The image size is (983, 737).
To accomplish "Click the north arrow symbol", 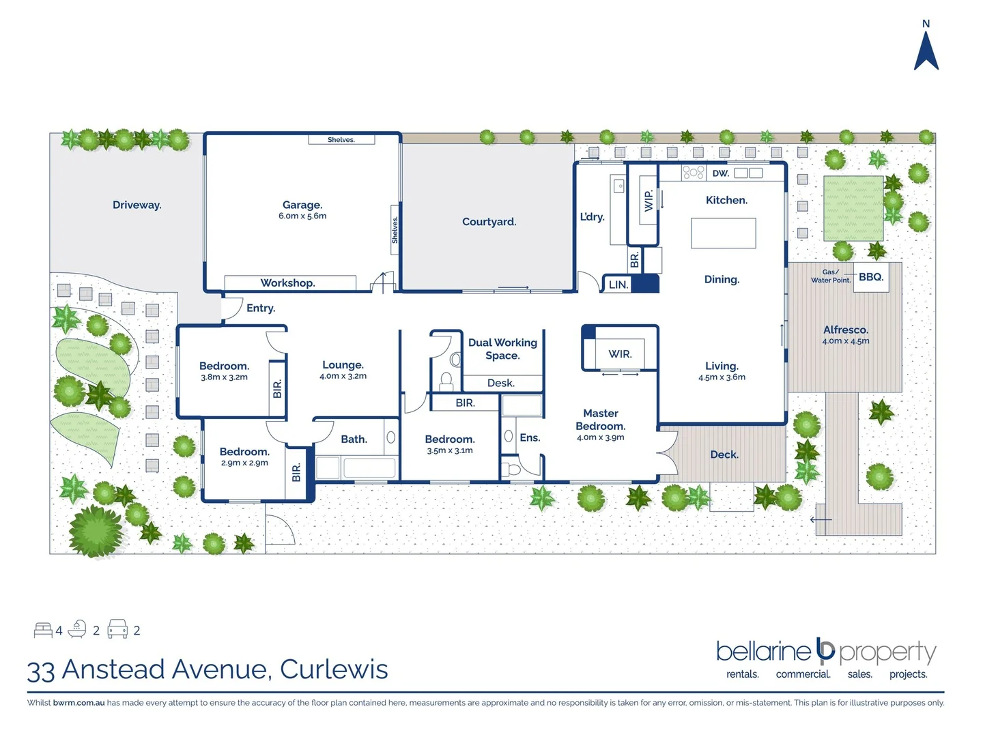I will [x=926, y=51].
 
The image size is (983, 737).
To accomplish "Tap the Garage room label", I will [x=302, y=205].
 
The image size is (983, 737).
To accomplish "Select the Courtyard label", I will [x=489, y=222].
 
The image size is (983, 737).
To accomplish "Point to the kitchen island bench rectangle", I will [x=723, y=233].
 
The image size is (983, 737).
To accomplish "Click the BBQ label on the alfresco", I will [x=871, y=277].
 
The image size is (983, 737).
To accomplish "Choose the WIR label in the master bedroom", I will [x=620, y=354].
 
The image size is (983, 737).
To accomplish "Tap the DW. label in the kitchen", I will [x=720, y=173].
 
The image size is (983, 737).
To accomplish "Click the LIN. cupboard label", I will [x=618, y=285].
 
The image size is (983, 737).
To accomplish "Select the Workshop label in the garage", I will [x=287, y=283].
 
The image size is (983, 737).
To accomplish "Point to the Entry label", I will [x=261, y=308].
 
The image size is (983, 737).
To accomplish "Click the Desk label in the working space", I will [x=501, y=384].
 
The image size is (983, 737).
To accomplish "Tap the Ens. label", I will [x=530, y=438].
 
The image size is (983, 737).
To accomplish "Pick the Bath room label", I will [x=354, y=439].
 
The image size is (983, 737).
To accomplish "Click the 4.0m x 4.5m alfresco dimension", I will [x=846, y=341].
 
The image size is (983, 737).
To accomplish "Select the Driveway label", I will [x=137, y=205].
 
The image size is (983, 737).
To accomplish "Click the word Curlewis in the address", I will [x=334, y=669].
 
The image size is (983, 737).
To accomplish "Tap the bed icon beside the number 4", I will [x=43, y=630].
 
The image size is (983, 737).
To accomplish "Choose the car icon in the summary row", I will [x=117, y=629].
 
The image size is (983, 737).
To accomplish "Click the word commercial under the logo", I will [x=803, y=674].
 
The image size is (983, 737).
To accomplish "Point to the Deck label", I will [x=724, y=454].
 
